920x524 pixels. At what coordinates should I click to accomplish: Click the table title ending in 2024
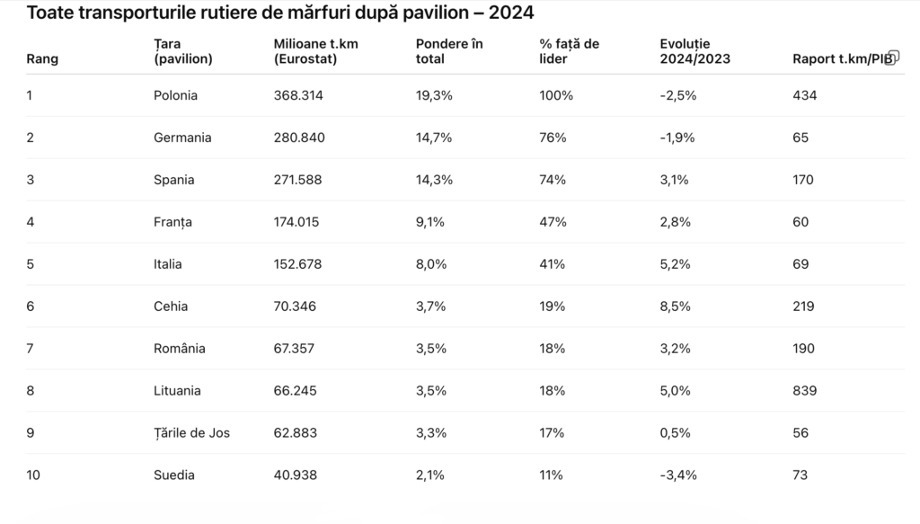point(280,13)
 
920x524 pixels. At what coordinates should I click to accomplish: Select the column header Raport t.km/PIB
point(843,58)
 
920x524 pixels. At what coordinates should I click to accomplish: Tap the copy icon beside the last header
point(892,57)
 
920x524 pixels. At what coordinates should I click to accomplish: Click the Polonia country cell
point(175,95)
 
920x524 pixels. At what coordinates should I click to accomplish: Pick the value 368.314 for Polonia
point(298,95)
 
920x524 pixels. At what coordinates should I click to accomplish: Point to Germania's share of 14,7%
point(434,138)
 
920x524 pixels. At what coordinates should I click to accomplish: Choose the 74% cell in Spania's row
point(553,180)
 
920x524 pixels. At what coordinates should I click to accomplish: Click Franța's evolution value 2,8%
point(676,222)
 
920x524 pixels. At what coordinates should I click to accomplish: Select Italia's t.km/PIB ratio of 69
point(801,264)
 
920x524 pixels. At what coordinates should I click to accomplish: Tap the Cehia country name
point(171,306)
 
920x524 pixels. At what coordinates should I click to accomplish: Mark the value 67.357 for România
point(294,349)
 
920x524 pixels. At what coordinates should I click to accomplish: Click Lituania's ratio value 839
point(804,391)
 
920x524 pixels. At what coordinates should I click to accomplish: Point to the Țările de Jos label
point(192,433)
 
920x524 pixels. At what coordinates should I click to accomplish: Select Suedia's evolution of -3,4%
point(678,475)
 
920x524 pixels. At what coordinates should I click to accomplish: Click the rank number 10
point(33,475)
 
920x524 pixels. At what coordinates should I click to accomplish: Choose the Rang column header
point(42,58)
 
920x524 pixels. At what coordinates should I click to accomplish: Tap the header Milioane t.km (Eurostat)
point(315,51)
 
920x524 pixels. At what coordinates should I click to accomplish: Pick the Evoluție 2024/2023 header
point(695,51)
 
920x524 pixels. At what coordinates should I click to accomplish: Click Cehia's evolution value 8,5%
point(676,306)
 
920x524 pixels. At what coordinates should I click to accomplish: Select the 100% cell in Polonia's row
point(556,95)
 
